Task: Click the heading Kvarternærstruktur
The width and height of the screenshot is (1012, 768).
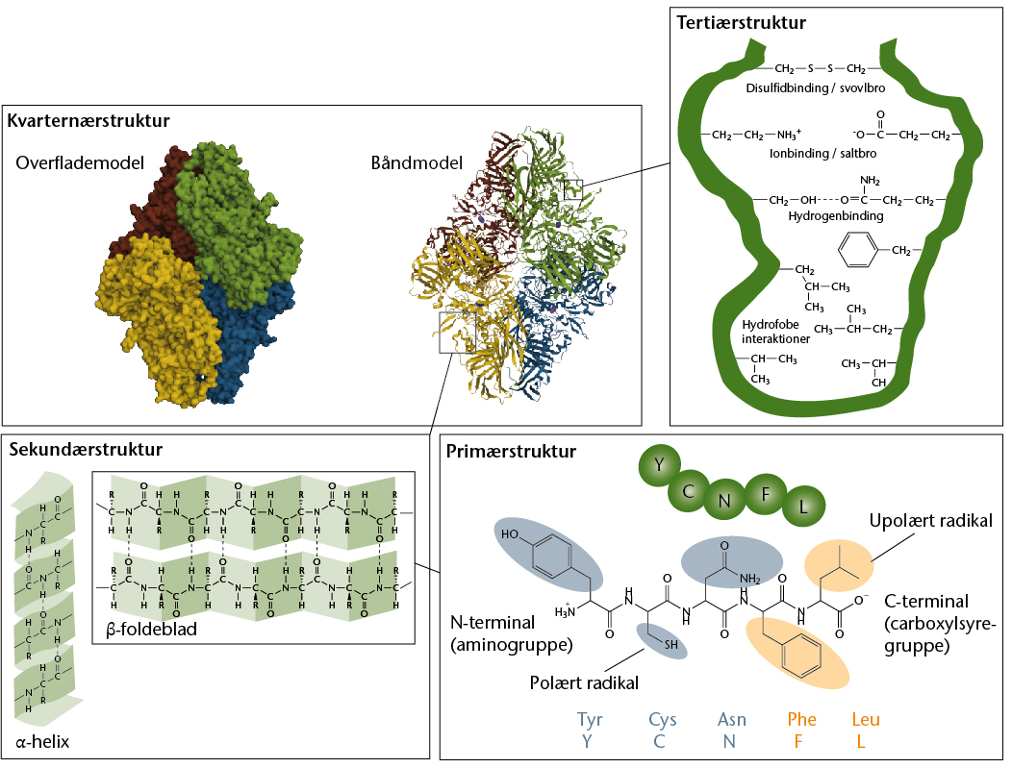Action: pyautogui.click(x=89, y=120)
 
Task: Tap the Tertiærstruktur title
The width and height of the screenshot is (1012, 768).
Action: pyautogui.click(x=742, y=23)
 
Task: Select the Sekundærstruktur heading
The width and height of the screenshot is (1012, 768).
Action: pyautogui.click(x=86, y=450)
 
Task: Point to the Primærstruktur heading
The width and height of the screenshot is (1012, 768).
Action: pyautogui.click(x=511, y=452)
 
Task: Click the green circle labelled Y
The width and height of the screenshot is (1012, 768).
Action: pyautogui.click(x=659, y=465)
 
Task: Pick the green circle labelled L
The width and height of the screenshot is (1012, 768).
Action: pyautogui.click(x=803, y=507)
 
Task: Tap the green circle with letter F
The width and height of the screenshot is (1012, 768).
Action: pyautogui.click(x=766, y=495)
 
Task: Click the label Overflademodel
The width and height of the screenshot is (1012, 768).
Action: pyautogui.click(x=80, y=163)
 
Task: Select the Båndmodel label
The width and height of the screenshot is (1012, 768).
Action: pyautogui.click(x=417, y=162)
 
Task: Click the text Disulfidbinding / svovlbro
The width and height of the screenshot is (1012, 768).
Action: pyautogui.click(x=816, y=88)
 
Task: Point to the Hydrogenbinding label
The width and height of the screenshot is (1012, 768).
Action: pyautogui.click(x=836, y=216)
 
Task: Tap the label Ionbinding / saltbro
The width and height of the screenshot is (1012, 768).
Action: pyautogui.click(x=822, y=154)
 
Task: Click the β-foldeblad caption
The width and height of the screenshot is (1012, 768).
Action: pyautogui.click(x=152, y=630)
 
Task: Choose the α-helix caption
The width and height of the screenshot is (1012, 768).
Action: pyautogui.click(x=42, y=741)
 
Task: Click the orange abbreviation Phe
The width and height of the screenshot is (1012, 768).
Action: pyautogui.click(x=801, y=719)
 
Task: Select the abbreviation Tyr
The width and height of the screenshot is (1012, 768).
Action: pyautogui.click(x=590, y=720)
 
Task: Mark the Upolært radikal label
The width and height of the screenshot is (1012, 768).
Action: pyautogui.click(x=930, y=521)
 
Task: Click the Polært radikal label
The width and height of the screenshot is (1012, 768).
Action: pyautogui.click(x=584, y=682)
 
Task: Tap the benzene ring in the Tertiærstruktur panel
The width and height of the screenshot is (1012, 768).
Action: pyautogui.click(x=858, y=250)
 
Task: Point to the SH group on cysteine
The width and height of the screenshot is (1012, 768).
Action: pyautogui.click(x=671, y=644)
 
